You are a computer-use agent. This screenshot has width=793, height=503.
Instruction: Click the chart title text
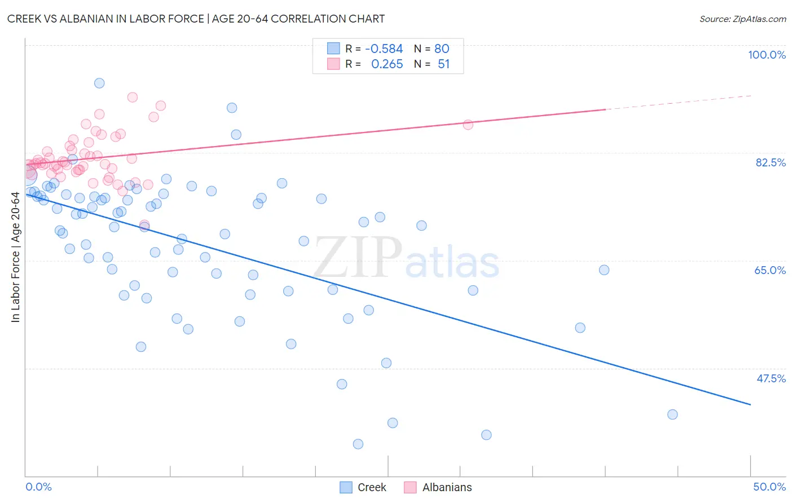[196, 19]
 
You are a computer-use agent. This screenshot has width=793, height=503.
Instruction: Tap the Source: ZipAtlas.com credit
[742, 19]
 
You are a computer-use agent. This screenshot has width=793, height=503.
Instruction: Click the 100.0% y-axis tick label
[766, 55]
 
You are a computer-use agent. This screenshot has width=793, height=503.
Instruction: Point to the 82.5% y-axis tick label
[770, 162]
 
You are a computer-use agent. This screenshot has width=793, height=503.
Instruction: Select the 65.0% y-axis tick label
[770, 270]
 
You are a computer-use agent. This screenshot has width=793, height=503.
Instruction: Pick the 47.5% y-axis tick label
[770, 378]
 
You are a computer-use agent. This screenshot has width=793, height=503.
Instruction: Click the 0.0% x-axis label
[38, 487]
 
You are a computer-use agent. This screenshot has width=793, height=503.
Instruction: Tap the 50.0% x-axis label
[769, 487]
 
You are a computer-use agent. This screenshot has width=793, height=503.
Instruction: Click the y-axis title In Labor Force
[15, 257]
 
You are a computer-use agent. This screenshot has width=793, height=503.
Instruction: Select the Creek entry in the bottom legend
[372, 487]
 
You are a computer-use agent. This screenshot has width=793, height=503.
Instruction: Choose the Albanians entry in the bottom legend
[447, 487]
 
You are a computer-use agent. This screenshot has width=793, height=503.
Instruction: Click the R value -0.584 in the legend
[384, 49]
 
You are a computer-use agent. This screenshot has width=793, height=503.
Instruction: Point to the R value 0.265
[387, 64]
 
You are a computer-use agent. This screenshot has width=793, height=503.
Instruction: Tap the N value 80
[442, 49]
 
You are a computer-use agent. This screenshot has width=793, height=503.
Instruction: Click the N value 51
[443, 64]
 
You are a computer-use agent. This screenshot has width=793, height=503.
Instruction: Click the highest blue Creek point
[99, 83]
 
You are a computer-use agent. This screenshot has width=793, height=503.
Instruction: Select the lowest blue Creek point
[358, 444]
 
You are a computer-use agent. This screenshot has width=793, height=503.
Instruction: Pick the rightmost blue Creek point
[672, 414]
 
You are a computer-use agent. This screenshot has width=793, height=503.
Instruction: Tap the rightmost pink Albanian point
[468, 125]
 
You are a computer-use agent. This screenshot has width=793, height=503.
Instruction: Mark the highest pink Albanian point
[133, 97]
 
